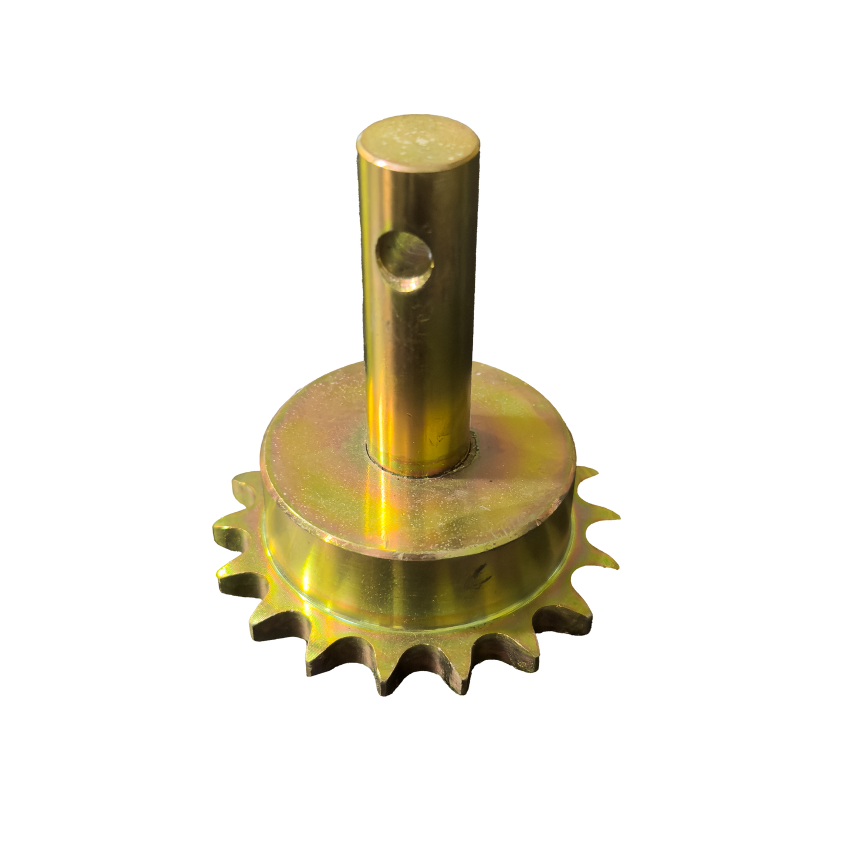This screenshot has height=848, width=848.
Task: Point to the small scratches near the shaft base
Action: click(x=437, y=437)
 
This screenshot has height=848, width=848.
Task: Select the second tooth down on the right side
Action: click(x=607, y=516)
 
